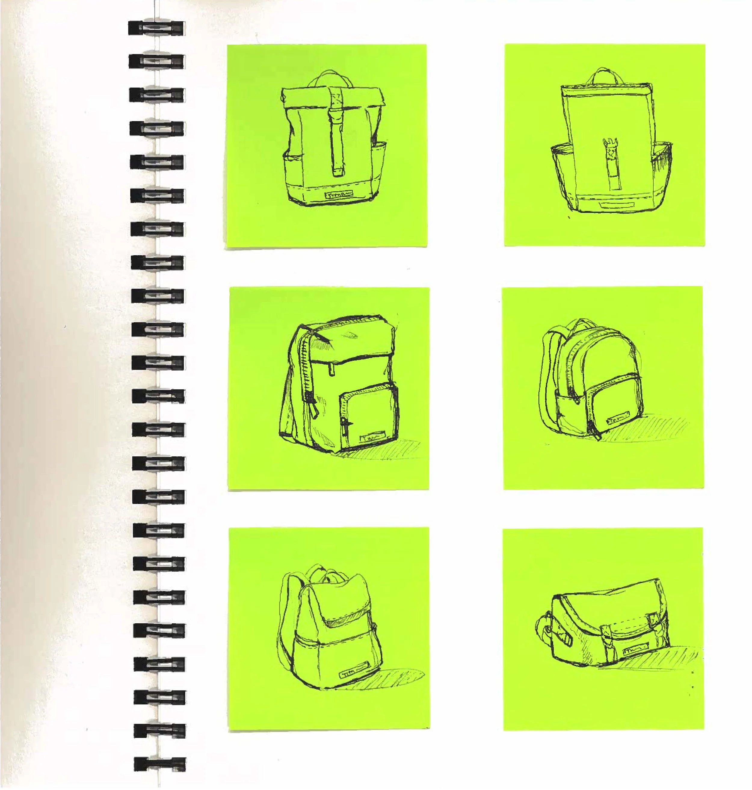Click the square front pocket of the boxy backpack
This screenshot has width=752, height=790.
tap(369, 413)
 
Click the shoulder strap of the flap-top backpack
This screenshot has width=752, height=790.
tap(287, 625)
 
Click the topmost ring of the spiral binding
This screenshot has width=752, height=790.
tap(157, 28)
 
